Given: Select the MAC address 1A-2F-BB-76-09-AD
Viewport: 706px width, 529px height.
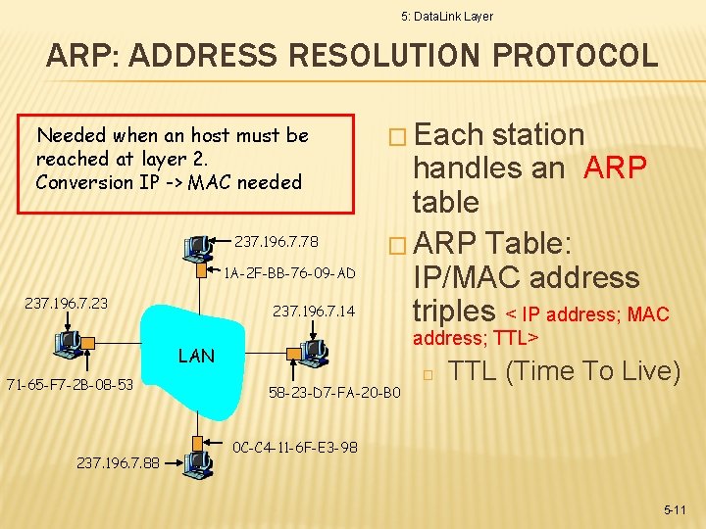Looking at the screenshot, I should pyautogui.click(x=290, y=272).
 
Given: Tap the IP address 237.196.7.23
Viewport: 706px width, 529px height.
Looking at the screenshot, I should pyautogui.click(x=67, y=304).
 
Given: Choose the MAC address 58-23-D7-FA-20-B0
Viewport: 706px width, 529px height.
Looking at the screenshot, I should pyautogui.click(x=334, y=394).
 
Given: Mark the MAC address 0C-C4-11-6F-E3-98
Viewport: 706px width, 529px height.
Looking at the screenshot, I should pyautogui.click(x=295, y=448).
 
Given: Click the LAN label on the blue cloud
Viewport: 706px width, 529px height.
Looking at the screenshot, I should pyautogui.click(x=196, y=356).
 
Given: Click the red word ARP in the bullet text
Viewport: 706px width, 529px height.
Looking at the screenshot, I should pyautogui.click(x=615, y=168).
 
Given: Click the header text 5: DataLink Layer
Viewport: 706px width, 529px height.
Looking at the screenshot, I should pyautogui.click(x=447, y=17).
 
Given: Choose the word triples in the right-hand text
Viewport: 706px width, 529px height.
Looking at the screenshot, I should pyautogui.click(x=454, y=312).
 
